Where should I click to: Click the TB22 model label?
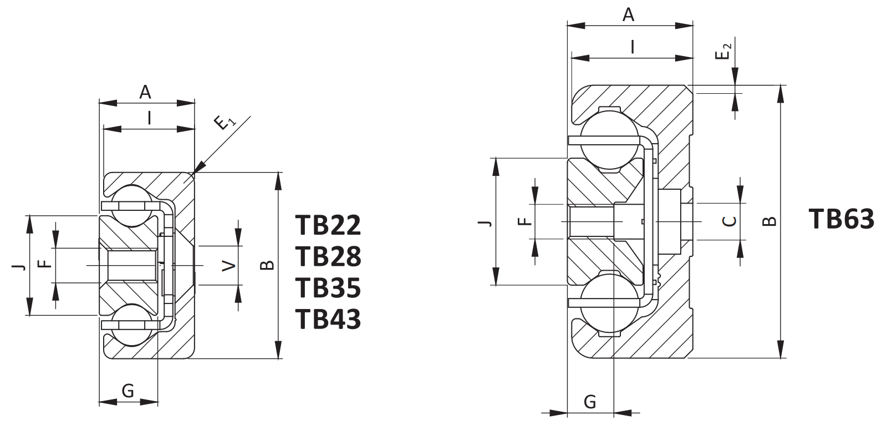coord(328,225)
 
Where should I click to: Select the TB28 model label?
coord(328,257)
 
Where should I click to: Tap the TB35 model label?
coord(328,288)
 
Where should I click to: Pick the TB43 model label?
coord(328,319)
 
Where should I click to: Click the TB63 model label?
coord(842,219)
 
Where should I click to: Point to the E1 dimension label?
coord(225,122)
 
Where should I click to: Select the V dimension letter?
coord(229,265)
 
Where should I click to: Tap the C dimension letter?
coord(730,221)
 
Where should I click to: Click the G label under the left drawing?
coord(128,391)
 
